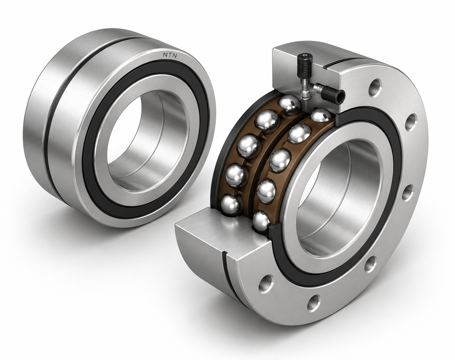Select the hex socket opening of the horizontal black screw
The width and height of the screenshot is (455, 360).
coord(340,97)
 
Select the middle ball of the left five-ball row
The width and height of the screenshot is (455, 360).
coord(249,147)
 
